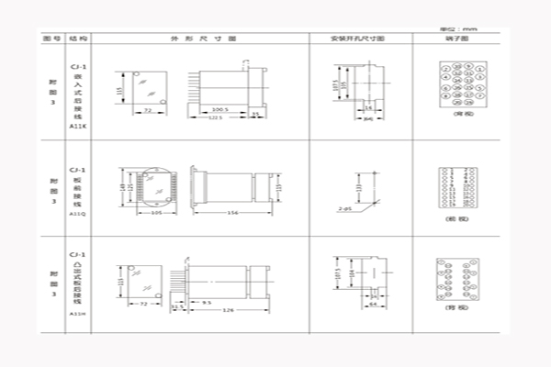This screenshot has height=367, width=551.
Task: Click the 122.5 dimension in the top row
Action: coord(217,117)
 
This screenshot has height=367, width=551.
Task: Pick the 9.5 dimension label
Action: coord(207,302)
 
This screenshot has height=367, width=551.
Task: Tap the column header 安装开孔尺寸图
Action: coord(358,39)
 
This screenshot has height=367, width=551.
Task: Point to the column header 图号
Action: coord(51,39)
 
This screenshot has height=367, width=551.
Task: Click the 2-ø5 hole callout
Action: coord(345,209)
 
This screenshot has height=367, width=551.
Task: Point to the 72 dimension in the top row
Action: coord(146,109)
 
